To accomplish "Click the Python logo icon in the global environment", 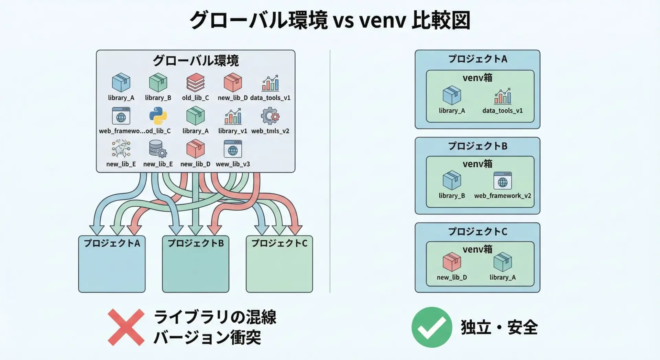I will [x=158, y=116].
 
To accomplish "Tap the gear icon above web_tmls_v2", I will [x=270, y=116].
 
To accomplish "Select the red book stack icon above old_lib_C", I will [x=196, y=83].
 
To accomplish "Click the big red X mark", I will [x=126, y=327].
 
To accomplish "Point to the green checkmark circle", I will [x=432, y=327].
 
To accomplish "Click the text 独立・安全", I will [x=499, y=327].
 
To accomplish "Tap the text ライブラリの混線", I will [x=215, y=317].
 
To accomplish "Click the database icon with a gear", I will [x=158, y=149].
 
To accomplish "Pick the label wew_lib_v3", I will [x=233, y=164].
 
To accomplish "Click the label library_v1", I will [x=233, y=131].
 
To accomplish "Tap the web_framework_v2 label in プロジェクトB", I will [x=503, y=196].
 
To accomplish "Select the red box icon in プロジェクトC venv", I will [x=452, y=262].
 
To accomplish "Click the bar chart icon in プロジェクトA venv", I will [x=503, y=96].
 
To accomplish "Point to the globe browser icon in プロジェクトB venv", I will [x=503, y=181].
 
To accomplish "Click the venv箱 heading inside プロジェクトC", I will [x=477, y=249].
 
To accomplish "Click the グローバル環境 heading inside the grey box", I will [x=196, y=61].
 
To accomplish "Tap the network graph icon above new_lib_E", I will [x=121, y=149].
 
